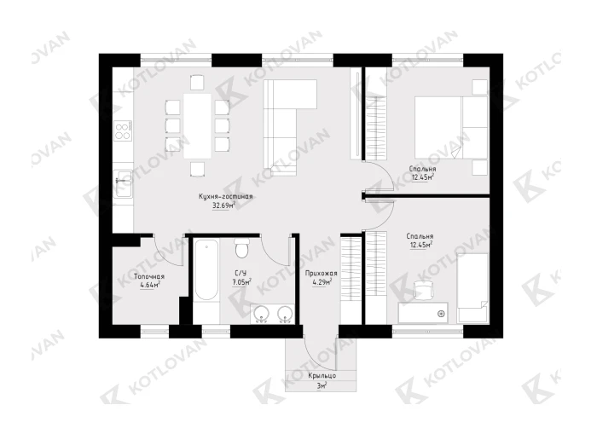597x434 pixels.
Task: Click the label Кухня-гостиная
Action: tap(226, 197)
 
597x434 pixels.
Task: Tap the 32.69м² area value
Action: tap(223, 206)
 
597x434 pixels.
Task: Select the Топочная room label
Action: tap(149, 277)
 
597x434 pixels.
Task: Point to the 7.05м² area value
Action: tap(241, 282)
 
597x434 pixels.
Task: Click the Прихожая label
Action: tap(321, 273)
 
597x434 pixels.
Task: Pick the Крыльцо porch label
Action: tap(322, 376)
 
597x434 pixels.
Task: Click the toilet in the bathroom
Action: tap(241, 247)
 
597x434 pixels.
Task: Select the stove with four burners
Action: tap(123, 130)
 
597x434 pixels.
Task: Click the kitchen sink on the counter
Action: tap(123, 183)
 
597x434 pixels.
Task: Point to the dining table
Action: tap(198, 125)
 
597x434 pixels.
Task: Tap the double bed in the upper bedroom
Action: tap(451, 127)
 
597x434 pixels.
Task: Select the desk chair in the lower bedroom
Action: tap(423, 290)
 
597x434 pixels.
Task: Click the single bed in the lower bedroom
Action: tap(472, 288)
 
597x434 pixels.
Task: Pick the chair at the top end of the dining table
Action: tap(197, 82)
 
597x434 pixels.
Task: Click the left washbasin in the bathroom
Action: tap(262, 315)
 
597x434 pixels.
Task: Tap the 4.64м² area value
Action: tap(149, 285)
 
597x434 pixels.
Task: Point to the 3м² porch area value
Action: tap(322, 385)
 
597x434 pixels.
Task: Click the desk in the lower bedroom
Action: tap(423, 313)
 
